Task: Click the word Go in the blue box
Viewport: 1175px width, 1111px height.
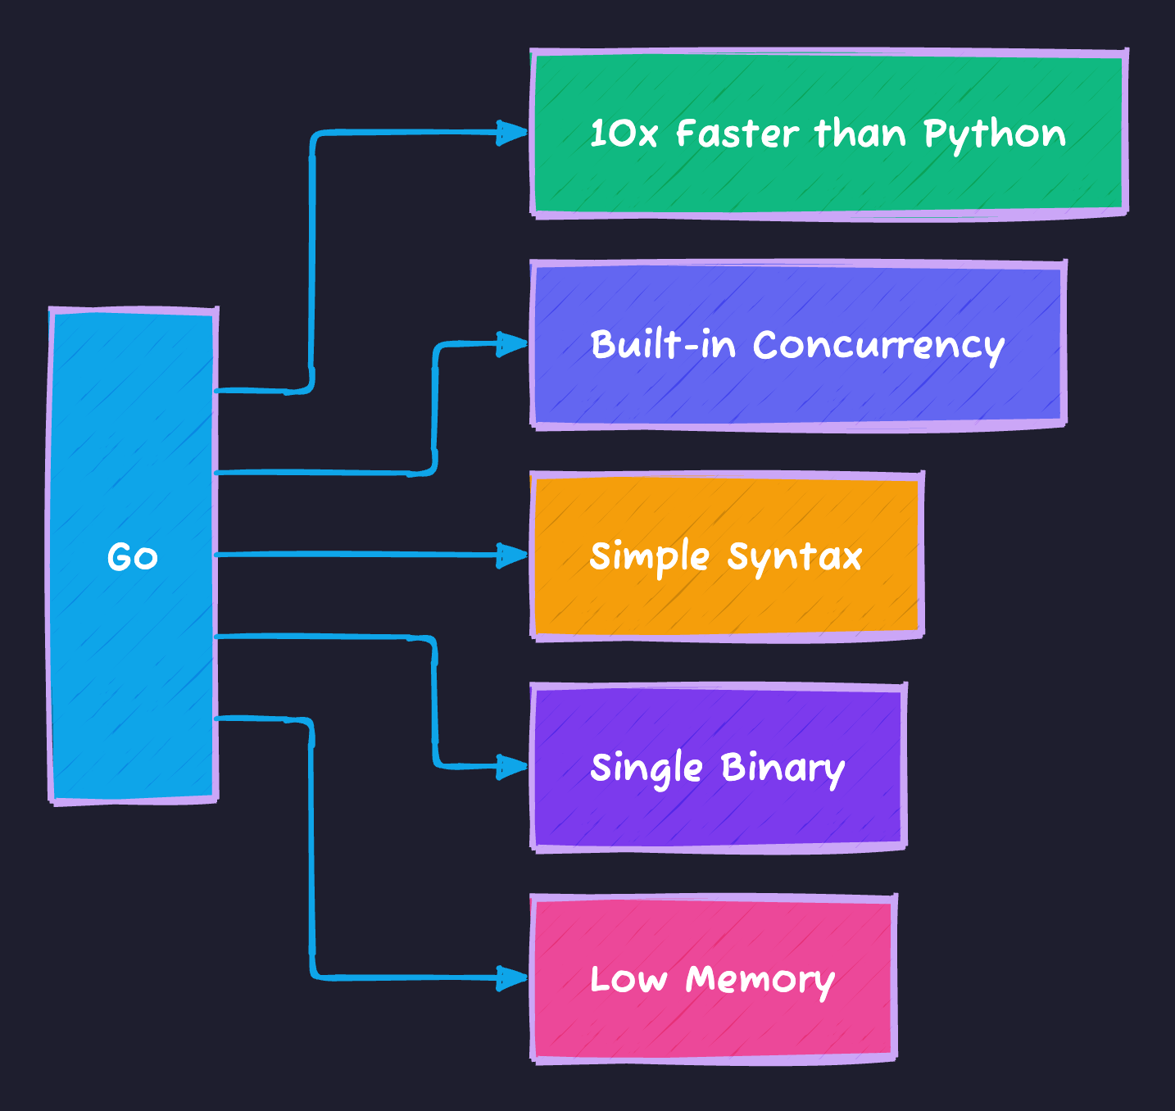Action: click(x=132, y=557)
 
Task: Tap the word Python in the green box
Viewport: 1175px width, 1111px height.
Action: click(x=994, y=134)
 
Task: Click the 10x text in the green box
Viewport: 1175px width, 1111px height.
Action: click(x=623, y=134)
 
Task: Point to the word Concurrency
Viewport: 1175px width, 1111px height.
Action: click(x=878, y=346)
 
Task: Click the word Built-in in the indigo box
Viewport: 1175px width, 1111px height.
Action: click(x=662, y=345)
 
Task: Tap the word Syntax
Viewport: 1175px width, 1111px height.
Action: click(x=794, y=558)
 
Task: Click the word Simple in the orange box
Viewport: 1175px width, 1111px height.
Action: click(x=649, y=558)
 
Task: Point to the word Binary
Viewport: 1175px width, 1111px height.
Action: click(x=782, y=769)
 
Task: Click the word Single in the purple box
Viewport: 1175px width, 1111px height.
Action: click(x=646, y=769)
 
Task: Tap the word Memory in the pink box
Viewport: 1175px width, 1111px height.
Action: click(x=760, y=980)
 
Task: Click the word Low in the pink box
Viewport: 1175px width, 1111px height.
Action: click(x=628, y=980)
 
